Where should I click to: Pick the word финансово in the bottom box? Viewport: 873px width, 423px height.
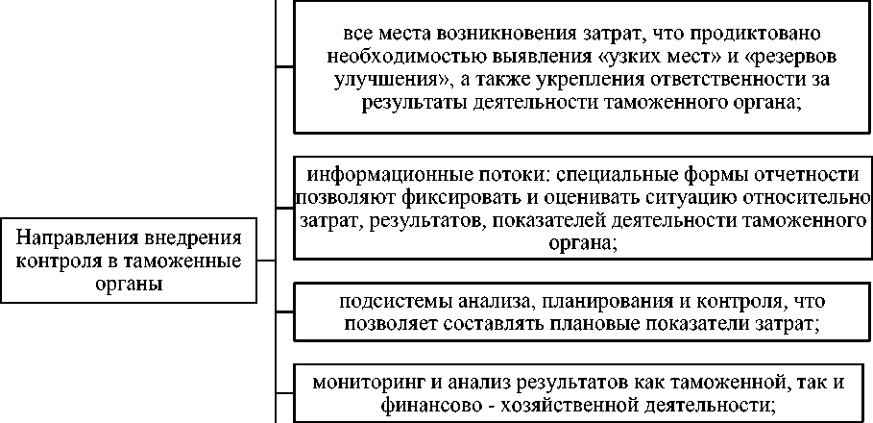(433, 405)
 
